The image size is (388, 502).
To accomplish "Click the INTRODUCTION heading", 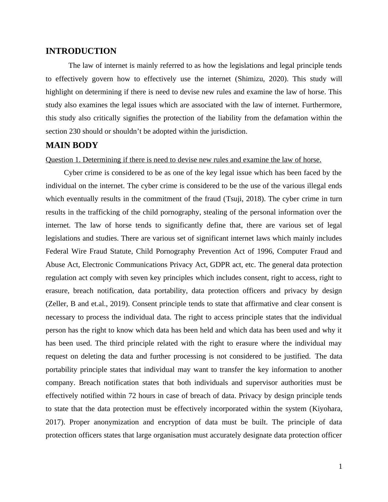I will [x=81, y=51].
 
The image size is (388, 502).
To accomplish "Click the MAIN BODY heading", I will [x=72, y=145].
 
